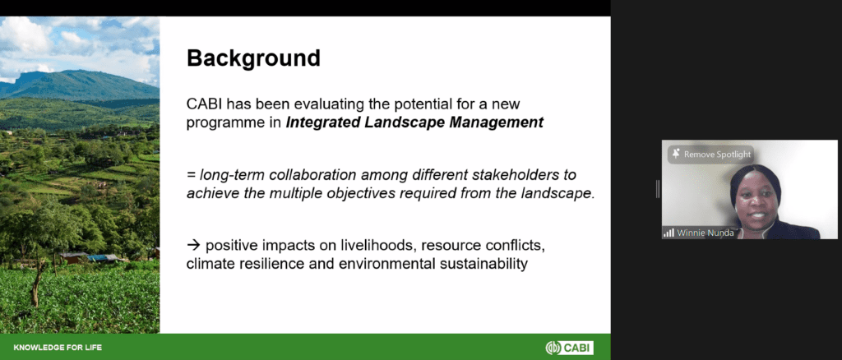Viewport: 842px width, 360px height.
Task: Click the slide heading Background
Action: pos(253,58)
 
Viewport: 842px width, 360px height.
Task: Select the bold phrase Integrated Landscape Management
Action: pos(414,122)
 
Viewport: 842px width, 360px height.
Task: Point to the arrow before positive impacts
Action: pos(193,246)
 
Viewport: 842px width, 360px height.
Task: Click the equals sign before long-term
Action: pos(191,175)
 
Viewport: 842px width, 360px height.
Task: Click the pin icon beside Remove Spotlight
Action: pos(676,154)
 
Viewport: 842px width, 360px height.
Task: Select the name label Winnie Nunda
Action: pos(705,233)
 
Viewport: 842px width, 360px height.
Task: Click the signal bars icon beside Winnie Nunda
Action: pos(669,233)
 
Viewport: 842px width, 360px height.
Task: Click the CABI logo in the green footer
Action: pos(569,348)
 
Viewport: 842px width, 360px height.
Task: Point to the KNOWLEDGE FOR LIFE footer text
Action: pos(58,348)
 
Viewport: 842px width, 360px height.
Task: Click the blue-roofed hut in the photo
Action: pos(103,258)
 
